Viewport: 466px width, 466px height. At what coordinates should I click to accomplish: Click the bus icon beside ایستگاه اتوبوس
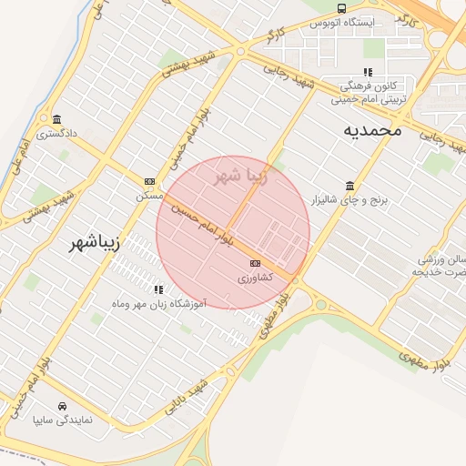tap(340, 8)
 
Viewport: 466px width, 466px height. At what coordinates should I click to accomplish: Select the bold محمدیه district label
tap(371, 131)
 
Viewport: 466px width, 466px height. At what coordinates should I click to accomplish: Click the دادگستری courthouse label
tap(57, 133)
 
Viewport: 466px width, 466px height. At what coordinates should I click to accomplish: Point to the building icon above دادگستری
tap(57, 119)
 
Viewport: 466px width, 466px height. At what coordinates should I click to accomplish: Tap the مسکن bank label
tap(149, 195)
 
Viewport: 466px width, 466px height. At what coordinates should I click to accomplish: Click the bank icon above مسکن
tap(149, 181)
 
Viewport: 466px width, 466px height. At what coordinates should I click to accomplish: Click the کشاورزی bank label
tap(254, 277)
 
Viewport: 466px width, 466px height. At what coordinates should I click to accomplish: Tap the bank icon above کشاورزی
tap(254, 263)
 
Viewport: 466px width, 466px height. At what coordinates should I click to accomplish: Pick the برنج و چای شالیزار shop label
tap(349, 198)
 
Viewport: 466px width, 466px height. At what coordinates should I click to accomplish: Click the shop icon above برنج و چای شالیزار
tap(349, 185)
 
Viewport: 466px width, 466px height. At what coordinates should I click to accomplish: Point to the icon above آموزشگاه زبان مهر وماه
tap(158, 289)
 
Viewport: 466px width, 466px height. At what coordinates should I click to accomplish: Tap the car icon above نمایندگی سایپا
tap(62, 406)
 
